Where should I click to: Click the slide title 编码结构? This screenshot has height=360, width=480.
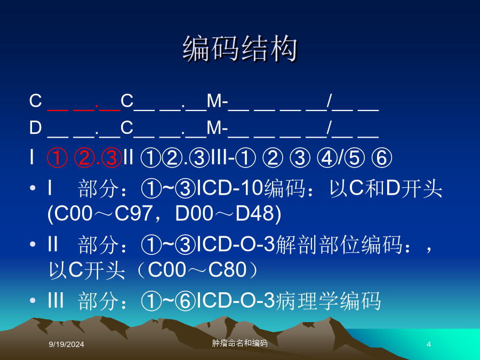240,49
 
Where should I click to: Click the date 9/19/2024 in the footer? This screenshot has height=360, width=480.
67,345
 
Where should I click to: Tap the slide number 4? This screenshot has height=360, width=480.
429,345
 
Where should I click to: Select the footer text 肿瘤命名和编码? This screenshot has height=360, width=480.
239,343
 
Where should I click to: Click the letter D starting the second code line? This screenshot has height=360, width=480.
35,127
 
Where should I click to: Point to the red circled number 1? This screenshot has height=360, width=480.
57,158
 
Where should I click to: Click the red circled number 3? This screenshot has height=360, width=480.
111,158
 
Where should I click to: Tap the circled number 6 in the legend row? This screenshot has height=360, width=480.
382,158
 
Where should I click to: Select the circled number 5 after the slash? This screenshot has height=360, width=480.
355,158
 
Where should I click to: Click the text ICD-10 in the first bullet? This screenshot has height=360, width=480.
229,188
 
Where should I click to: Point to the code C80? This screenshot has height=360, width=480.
227,270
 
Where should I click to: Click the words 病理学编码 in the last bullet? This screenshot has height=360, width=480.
328,301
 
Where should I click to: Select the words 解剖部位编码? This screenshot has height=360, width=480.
339,245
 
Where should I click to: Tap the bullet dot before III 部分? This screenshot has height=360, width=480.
33,301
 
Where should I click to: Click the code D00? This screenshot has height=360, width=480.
194,213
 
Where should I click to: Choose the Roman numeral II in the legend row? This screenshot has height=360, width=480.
129,158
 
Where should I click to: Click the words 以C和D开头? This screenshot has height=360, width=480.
386,188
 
